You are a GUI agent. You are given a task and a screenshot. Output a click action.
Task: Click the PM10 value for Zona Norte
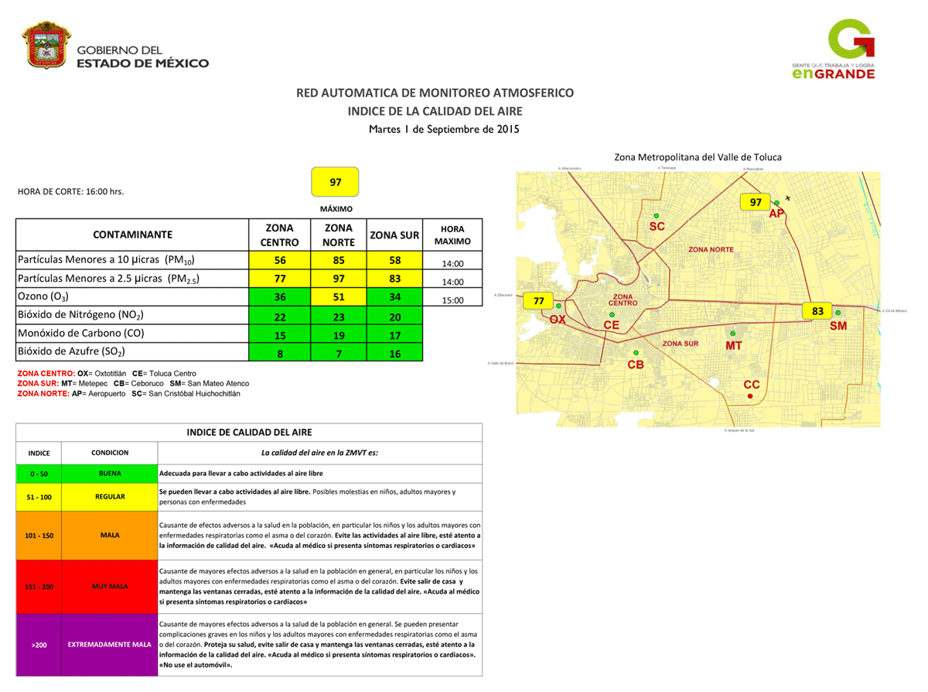tap(339, 260)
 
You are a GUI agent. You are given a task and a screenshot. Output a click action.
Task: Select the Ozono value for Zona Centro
tap(280, 296)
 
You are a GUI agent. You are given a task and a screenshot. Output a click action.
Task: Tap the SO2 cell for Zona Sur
tap(395, 352)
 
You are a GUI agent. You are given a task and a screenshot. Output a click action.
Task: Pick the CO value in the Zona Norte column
tap(339, 334)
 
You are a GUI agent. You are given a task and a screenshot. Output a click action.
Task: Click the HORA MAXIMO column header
tap(452, 235)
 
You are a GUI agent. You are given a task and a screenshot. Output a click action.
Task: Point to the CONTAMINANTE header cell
tap(132, 235)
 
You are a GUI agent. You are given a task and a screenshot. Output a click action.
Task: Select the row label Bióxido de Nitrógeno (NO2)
tap(80, 315)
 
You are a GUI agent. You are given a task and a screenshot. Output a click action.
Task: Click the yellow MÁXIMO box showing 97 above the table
tap(336, 183)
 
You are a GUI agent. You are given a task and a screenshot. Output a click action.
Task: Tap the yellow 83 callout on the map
tap(817, 311)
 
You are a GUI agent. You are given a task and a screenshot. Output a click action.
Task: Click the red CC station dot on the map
tap(750, 396)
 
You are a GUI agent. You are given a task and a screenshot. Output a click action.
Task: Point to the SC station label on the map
tap(657, 227)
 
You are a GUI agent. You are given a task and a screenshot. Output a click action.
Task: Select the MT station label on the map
tap(734, 345)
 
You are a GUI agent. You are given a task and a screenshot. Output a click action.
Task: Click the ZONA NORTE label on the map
tap(711, 249)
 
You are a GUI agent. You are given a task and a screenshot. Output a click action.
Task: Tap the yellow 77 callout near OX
tap(539, 300)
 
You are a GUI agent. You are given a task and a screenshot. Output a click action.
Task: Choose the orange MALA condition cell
tap(109, 535)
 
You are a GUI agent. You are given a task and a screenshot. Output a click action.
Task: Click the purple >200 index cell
tap(39, 644)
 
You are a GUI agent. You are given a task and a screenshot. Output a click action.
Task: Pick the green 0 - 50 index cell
tap(39, 473)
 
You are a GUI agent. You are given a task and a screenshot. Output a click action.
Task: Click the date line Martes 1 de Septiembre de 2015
tap(444, 129)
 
